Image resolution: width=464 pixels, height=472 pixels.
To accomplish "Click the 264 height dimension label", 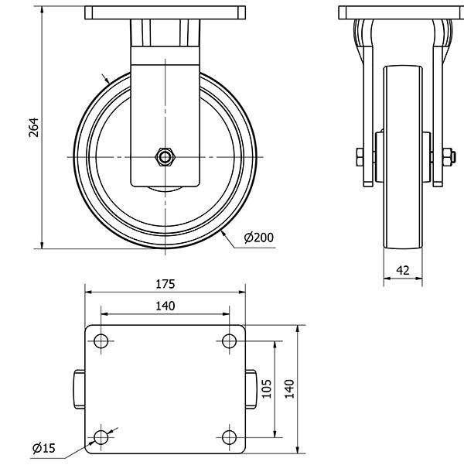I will click(32, 128).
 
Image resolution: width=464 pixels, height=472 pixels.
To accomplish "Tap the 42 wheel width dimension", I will click(402, 269).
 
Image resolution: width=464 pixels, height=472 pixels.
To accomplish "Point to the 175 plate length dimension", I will click(165, 282).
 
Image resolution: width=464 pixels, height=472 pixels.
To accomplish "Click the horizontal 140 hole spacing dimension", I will click(165, 306).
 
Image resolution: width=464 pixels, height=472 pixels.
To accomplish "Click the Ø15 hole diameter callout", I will click(43, 448).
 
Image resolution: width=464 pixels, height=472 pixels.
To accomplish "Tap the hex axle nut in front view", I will click(165, 156).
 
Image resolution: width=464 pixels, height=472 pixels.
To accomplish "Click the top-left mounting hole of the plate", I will click(101, 341).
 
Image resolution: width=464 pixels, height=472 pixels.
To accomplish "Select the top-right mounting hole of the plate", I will click(229, 341).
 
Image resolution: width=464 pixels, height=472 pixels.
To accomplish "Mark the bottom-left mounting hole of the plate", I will click(101, 438).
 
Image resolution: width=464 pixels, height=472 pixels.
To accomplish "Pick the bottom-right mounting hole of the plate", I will click(229, 438).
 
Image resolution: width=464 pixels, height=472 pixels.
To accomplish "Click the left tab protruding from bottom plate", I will click(79, 389).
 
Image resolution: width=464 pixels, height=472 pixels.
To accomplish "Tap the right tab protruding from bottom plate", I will click(251, 389).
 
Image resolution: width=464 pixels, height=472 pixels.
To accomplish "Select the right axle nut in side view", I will click(447, 157).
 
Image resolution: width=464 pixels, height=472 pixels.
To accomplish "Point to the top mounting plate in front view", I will click(165, 13).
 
